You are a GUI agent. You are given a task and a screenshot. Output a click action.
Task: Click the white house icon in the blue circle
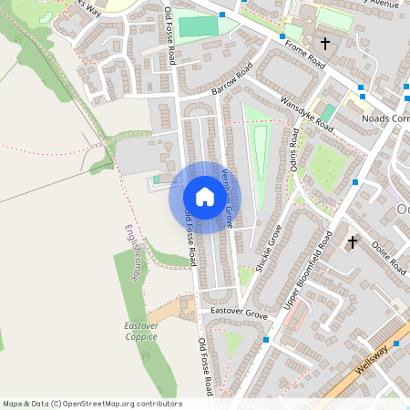[x=204, y=197]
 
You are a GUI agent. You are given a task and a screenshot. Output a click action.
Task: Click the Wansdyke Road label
[x=307, y=114]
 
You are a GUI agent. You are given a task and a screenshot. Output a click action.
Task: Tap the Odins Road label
[x=293, y=149]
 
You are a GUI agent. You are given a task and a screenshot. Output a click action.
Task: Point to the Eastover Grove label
[x=239, y=313]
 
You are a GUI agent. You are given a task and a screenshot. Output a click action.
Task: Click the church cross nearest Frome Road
[x=324, y=43]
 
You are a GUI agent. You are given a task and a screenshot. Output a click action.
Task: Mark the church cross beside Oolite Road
[x=353, y=242]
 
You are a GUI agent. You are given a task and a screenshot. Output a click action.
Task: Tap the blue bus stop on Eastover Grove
[x=266, y=339]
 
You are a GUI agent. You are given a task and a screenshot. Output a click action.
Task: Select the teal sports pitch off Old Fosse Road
[x=199, y=26]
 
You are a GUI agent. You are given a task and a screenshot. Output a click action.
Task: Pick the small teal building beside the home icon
[x=156, y=179]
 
